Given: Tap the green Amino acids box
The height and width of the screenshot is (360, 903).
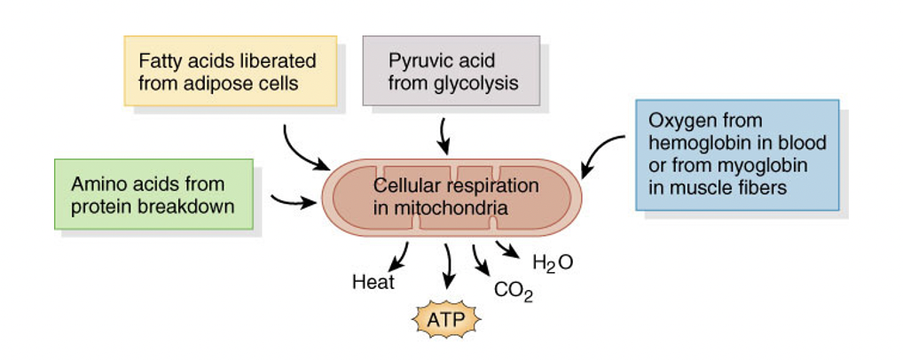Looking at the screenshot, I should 153,194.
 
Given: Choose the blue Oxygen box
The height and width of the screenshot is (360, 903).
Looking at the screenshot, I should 736,154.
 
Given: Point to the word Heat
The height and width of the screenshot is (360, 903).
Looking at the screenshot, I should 373,283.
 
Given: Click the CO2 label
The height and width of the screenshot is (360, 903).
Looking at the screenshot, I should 514,290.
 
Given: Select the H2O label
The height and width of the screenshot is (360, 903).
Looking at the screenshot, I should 552,262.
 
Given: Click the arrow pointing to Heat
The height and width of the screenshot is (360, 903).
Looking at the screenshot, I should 401,257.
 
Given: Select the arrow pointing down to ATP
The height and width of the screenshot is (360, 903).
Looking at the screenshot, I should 448,266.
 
